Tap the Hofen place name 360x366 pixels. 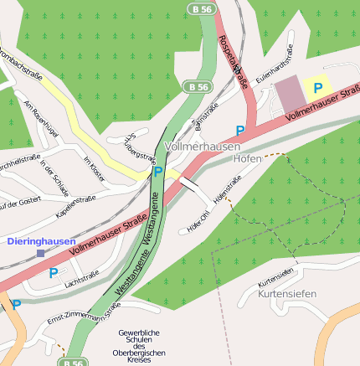point(248,157)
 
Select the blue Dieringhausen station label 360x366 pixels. point(41,241)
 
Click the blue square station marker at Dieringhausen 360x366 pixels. point(40,252)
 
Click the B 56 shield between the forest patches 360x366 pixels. point(198,86)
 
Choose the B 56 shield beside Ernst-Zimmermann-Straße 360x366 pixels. point(72,363)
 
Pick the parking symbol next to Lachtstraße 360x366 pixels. point(54,272)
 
